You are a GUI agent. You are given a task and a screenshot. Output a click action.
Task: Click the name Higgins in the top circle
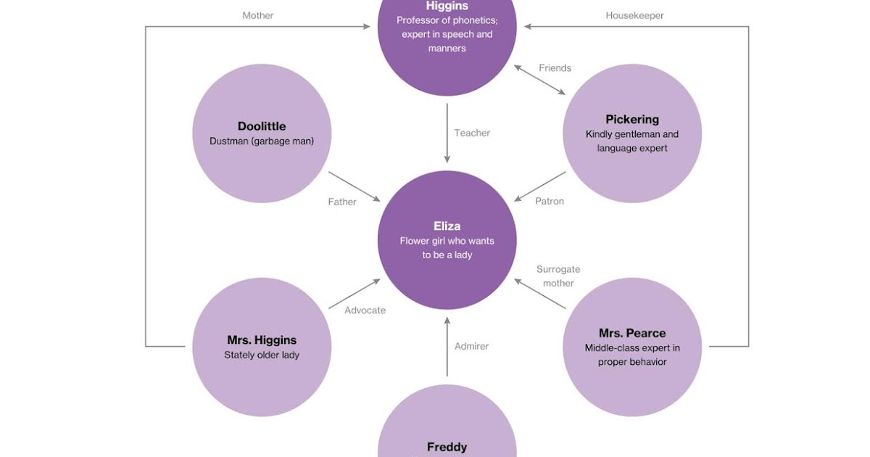(x=447, y=6)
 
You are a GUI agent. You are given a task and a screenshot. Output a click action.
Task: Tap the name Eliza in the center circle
(x=447, y=226)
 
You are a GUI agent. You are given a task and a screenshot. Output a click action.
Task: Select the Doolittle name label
(x=262, y=126)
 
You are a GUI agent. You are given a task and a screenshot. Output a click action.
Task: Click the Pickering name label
(x=632, y=119)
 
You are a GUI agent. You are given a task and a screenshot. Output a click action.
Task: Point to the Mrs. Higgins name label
(x=262, y=339)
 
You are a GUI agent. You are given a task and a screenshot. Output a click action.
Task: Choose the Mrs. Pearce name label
(x=632, y=333)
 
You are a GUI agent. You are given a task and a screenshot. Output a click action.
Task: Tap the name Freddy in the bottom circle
(x=447, y=447)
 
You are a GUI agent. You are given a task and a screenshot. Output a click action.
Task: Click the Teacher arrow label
(x=472, y=133)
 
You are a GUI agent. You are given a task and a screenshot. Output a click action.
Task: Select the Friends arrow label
(x=555, y=68)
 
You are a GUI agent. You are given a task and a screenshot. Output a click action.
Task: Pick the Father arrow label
(x=342, y=202)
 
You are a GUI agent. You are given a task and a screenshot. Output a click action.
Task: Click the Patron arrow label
(x=550, y=201)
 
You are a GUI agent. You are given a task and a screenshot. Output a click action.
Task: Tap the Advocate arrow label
(x=365, y=310)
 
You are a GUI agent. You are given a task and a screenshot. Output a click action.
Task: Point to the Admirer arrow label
(x=472, y=346)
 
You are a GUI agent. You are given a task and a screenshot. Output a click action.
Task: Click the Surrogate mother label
(x=558, y=276)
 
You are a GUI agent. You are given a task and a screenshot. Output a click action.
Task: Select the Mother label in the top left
(x=258, y=15)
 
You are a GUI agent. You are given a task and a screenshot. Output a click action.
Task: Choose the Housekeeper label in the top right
(x=634, y=15)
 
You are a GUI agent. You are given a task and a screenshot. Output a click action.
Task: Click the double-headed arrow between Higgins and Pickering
(x=540, y=80)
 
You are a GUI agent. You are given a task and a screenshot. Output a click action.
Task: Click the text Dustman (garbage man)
(x=262, y=141)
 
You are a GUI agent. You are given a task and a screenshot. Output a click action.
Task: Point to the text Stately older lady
(x=262, y=355)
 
